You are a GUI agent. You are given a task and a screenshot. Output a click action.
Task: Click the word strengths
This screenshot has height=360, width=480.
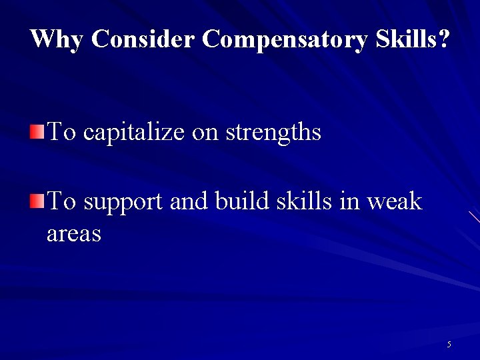tap(273, 132)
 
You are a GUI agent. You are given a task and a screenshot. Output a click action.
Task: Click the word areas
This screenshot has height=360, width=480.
tap(74, 234)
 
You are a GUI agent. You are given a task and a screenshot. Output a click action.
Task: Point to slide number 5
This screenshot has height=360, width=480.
tap(449, 345)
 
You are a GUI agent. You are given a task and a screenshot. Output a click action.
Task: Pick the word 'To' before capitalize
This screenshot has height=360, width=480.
tap(63, 131)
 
